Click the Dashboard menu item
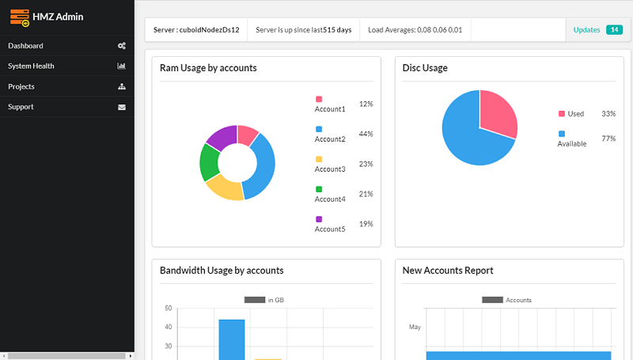25,46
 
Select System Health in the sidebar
31,66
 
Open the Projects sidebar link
21,86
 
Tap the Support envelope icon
122,107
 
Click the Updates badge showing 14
613,30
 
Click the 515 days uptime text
337,30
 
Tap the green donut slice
209,161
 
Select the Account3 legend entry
330,169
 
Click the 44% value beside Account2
366,134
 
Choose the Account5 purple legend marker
319,219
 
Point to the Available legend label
572,143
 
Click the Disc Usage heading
425,68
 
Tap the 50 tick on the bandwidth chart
168,308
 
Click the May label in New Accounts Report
415,327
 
